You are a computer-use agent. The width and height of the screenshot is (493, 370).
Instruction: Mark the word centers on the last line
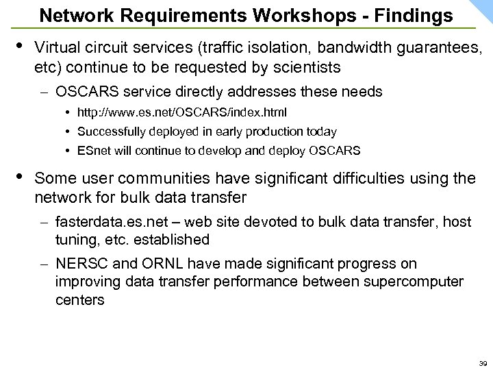(x=80, y=299)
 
